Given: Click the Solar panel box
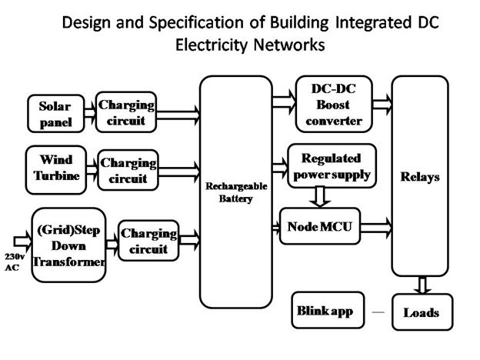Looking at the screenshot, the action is point(55,114).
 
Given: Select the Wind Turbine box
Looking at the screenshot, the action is point(56,170).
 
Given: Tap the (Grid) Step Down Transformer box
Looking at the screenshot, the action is point(69,245).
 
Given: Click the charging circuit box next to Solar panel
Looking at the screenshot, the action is point(126,112).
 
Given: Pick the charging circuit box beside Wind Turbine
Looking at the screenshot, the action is point(128,170).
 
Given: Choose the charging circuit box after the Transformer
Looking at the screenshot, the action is point(148,241).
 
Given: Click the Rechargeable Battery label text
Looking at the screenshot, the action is point(236,192).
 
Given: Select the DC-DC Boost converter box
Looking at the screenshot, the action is point(334,104).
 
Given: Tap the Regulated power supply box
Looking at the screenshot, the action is point(332,165).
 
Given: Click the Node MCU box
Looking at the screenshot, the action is point(320,226).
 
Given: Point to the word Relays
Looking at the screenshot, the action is point(420,177).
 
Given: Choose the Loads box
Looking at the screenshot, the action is point(422,312).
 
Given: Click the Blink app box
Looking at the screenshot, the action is point(328,310).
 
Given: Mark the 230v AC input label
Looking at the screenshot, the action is point(15,262).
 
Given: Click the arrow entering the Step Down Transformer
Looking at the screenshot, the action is point(22,242).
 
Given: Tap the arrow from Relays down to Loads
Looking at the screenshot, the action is point(422,285).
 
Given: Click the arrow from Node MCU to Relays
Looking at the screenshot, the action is point(376,228).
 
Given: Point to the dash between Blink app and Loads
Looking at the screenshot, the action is point(378,312).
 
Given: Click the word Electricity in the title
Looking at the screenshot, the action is point(212,45).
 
